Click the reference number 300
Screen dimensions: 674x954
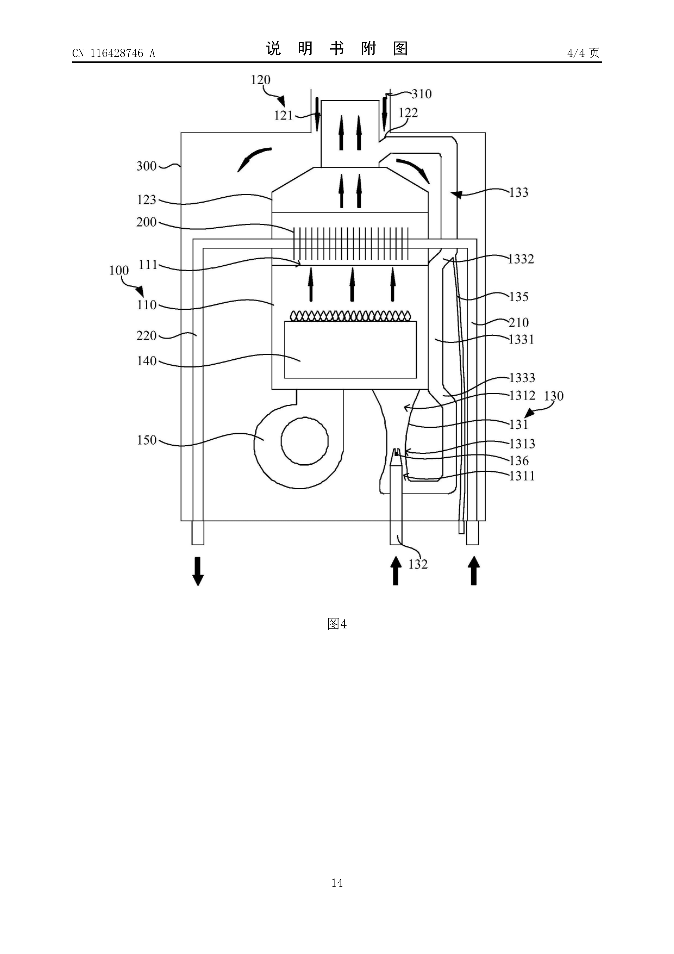point(146,166)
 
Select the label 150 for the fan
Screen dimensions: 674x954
point(146,440)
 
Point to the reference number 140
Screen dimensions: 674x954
point(146,361)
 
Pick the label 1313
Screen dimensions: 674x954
point(522,444)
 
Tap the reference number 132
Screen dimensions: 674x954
point(418,564)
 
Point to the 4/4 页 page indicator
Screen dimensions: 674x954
point(583,53)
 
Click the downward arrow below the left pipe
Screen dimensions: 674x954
point(198,571)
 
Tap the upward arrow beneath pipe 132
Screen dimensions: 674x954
point(396,571)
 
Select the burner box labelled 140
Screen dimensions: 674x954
point(350,349)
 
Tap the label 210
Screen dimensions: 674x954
point(519,322)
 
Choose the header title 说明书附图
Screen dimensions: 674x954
point(337,49)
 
